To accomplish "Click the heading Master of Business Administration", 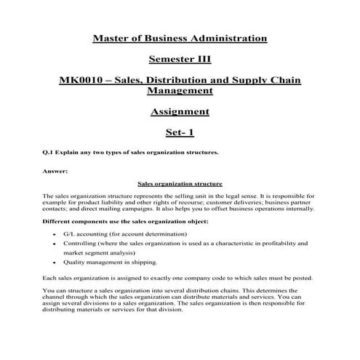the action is [180, 37].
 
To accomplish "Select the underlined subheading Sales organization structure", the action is [180, 184].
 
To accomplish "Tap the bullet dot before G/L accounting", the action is [55, 234].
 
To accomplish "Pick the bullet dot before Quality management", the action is [55, 262].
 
